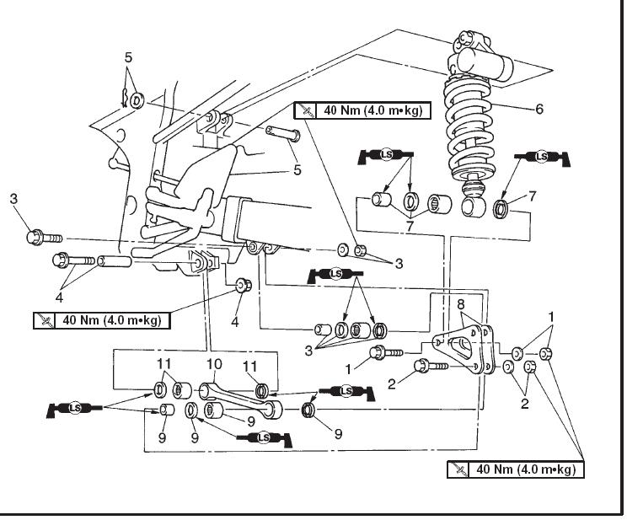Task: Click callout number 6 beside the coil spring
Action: pyautogui.click(x=539, y=109)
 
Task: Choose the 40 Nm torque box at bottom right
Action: pyautogui.click(x=516, y=468)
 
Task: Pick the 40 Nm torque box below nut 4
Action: pyautogui.click(x=101, y=320)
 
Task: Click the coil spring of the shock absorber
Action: pyautogui.click(x=474, y=126)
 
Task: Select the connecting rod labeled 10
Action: pyautogui.click(x=240, y=397)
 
